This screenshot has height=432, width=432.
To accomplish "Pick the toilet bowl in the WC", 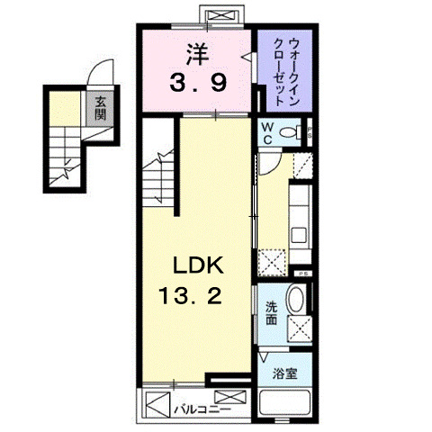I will click(x=290, y=133).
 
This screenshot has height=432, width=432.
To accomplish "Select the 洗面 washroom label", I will click(x=271, y=311).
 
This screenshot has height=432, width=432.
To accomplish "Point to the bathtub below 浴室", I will click(x=284, y=402).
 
